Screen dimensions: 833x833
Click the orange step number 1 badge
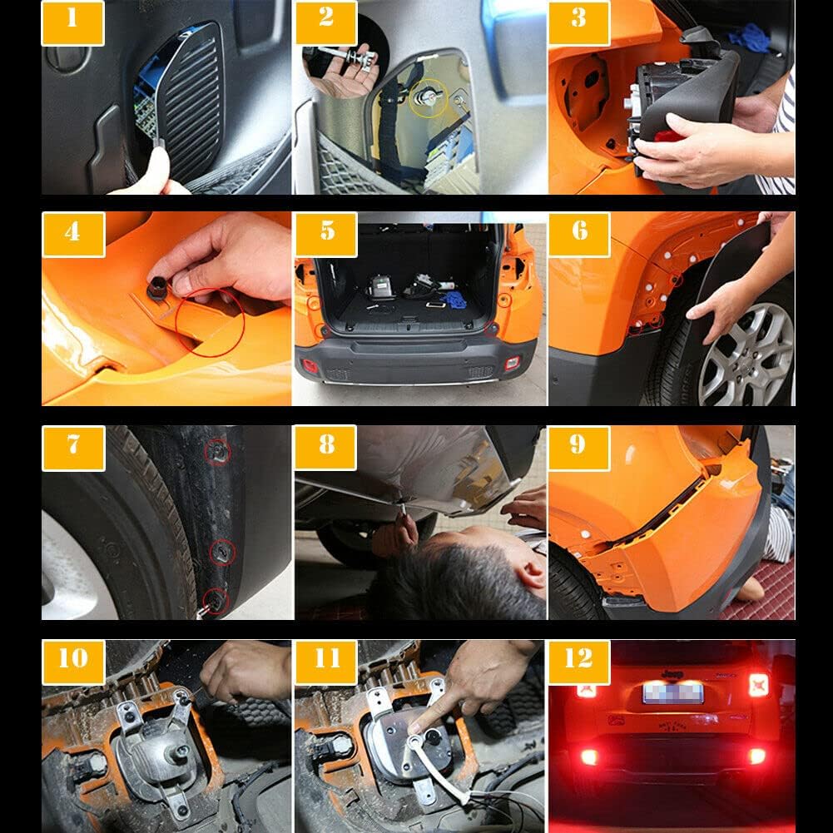[72, 22]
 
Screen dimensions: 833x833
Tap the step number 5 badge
[326, 235]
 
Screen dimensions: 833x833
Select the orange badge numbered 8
[325, 448]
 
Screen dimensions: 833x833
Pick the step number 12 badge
[579, 662]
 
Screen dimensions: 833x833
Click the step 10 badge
[73, 662]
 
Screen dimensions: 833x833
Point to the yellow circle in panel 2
[429, 98]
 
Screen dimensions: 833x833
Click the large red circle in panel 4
[211, 322]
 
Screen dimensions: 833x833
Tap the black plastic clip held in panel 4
[158, 287]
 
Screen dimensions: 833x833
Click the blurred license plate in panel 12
[673, 693]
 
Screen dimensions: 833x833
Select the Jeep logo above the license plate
[672, 674]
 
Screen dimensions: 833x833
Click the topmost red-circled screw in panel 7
[218, 452]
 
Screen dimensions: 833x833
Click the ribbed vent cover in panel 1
[192, 107]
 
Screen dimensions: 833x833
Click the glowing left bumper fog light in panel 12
[589, 756]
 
